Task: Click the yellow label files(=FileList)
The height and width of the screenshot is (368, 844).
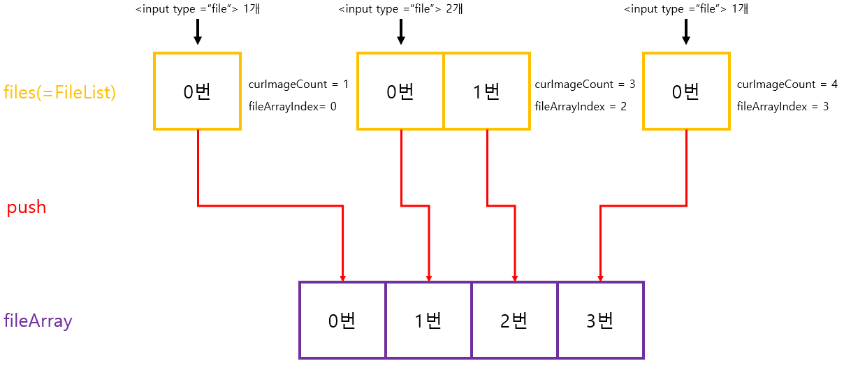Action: coord(59,92)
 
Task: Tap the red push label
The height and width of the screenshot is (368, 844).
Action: coord(27,207)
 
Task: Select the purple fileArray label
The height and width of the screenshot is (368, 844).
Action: coord(38,321)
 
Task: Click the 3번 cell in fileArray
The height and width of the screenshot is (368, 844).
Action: coord(600,321)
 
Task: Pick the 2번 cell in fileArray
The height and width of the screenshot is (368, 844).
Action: coord(514,321)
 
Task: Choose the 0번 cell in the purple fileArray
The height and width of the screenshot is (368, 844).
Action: coord(342,321)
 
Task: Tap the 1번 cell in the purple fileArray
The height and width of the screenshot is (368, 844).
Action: coord(428,321)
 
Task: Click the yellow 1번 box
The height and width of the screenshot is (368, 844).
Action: coord(486,91)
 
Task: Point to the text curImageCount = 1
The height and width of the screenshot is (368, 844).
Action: coord(298,84)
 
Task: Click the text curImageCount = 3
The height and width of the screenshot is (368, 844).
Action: coord(585,84)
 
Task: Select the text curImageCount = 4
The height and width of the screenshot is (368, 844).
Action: coord(787,84)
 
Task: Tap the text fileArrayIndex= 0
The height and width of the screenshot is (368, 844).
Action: coord(292,107)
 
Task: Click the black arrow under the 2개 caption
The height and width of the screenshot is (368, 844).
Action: coord(401,32)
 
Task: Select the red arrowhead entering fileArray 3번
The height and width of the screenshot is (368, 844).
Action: coord(600,277)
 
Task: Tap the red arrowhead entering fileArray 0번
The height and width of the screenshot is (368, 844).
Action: coord(342,277)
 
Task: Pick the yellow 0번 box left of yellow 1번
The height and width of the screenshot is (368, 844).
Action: coord(400,91)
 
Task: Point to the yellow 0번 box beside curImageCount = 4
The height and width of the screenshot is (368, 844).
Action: coord(686,91)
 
